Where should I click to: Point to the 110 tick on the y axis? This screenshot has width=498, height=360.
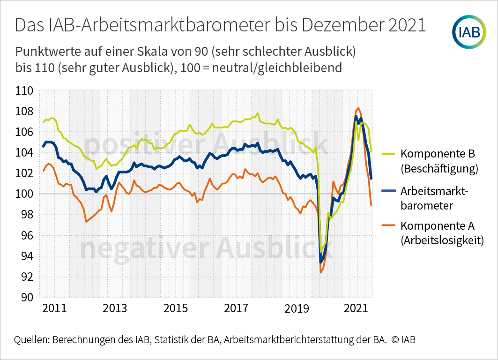click(x=24, y=91)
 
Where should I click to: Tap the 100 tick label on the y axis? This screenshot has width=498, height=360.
click(x=24, y=194)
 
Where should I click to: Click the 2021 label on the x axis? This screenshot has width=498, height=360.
click(x=355, y=309)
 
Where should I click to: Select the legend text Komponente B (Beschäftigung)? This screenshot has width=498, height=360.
click(x=439, y=161)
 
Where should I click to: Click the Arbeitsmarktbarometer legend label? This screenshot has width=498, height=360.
click(x=434, y=198)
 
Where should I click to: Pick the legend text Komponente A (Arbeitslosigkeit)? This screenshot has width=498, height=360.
click(x=442, y=233)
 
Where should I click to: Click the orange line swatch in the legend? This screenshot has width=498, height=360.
click(x=388, y=226)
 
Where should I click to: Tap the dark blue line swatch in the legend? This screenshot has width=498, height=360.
click(x=388, y=190)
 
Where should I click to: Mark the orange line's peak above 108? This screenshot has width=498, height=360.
click(x=358, y=108)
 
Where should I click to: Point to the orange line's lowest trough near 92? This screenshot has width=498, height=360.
click(x=320, y=272)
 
